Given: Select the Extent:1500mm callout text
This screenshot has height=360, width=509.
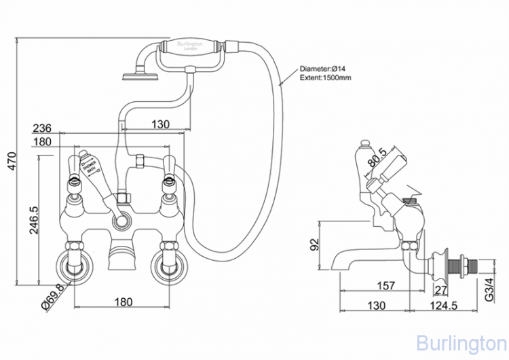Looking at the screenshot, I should click(326, 79).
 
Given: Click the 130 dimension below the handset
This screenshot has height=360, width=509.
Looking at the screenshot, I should click(160, 124).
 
